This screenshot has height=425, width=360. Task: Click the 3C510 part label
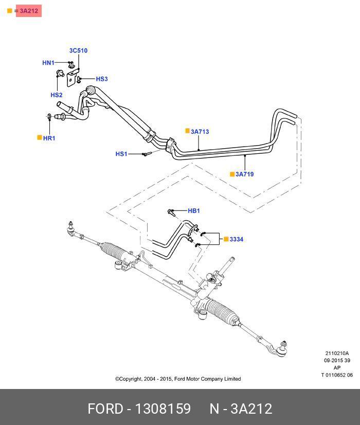pyautogui.click(x=78, y=50)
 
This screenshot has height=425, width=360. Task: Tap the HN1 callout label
pyautogui.click(x=48, y=63)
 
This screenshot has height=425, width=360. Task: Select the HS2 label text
pyautogui.click(x=56, y=95)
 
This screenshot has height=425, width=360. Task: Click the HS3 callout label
pyautogui.click(x=102, y=79)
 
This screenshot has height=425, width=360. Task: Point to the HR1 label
pyautogui.click(x=49, y=138)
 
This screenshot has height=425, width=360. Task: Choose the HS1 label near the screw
pyautogui.click(x=121, y=154)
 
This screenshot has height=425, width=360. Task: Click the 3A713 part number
pyautogui.click(x=200, y=132)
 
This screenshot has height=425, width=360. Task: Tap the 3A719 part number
pyautogui.click(x=244, y=174)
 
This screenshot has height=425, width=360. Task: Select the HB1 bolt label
pyautogui.click(x=194, y=211)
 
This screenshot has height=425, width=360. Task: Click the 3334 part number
pyautogui.click(x=237, y=240)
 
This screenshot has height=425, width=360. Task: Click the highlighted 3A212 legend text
pyautogui.click(x=29, y=11)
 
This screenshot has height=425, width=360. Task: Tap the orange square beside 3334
pyautogui.click(x=225, y=239)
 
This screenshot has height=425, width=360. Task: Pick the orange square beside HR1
pyautogui.click(x=40, y=138)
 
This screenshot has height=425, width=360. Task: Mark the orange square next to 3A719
pyautogui.click(x=232, y=174)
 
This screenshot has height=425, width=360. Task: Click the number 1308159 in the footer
pyautogui.click(x=163, y=409)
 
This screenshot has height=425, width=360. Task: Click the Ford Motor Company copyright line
pyautogui.click(x=178, y=379)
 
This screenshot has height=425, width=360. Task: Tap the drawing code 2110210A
pyautogui.click(x=337, y=353)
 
